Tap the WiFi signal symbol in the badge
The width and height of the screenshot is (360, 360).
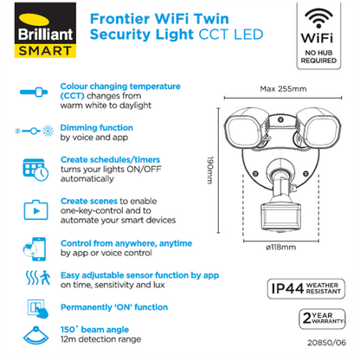click(319, 19)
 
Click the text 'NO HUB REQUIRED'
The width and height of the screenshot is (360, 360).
click(319, 57)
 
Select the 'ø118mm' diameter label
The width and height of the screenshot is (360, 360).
click(280, 249)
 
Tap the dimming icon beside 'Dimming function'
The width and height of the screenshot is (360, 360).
click(32, 131)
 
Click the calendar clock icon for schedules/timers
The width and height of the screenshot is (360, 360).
click(32, 169)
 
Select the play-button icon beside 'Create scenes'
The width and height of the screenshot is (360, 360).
click(32, 208)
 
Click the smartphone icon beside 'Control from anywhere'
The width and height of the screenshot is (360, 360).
click(32, 246)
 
